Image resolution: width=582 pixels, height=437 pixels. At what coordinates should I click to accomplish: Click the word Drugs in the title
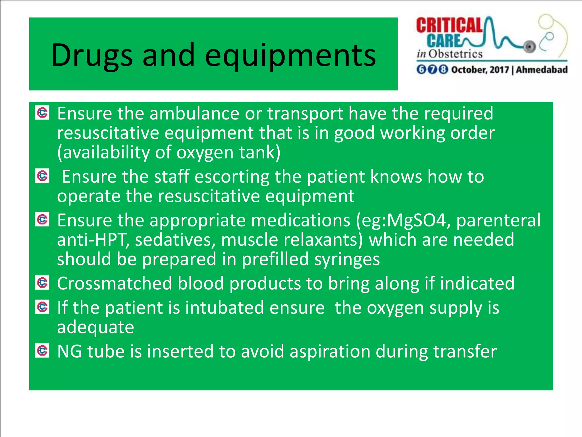[92, 55]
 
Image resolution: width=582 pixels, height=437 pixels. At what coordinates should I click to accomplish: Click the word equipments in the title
[290, 55]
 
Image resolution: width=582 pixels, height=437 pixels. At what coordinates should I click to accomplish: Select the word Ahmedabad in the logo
[542, 70]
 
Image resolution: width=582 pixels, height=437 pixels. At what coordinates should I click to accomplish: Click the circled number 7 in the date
[432, 69]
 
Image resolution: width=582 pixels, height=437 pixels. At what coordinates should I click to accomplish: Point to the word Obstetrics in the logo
[456, 54]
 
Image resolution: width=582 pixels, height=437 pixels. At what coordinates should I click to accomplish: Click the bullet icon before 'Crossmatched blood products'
[42, 283]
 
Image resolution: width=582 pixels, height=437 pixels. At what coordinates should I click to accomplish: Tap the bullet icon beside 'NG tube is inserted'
[42, 351]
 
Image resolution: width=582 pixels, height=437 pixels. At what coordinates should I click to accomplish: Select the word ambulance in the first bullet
[194, 114]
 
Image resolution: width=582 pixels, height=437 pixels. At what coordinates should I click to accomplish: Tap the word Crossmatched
[115, 283]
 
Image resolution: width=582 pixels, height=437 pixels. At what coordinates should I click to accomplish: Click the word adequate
[95, 327]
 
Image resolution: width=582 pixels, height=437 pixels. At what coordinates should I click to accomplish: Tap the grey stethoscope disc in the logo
[529, 46]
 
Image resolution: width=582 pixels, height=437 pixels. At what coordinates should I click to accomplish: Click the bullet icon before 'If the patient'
[42, 307]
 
